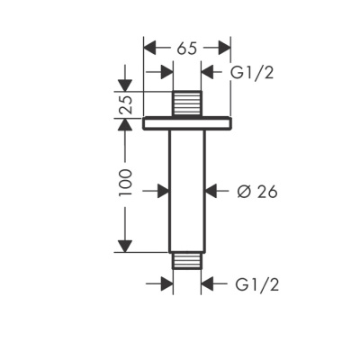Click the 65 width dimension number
pos(187,48)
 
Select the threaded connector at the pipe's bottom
pos(187,261)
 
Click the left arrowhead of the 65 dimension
pos(151,48)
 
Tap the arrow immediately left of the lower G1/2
pos(209,284)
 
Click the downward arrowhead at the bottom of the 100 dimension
pos(125,245)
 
